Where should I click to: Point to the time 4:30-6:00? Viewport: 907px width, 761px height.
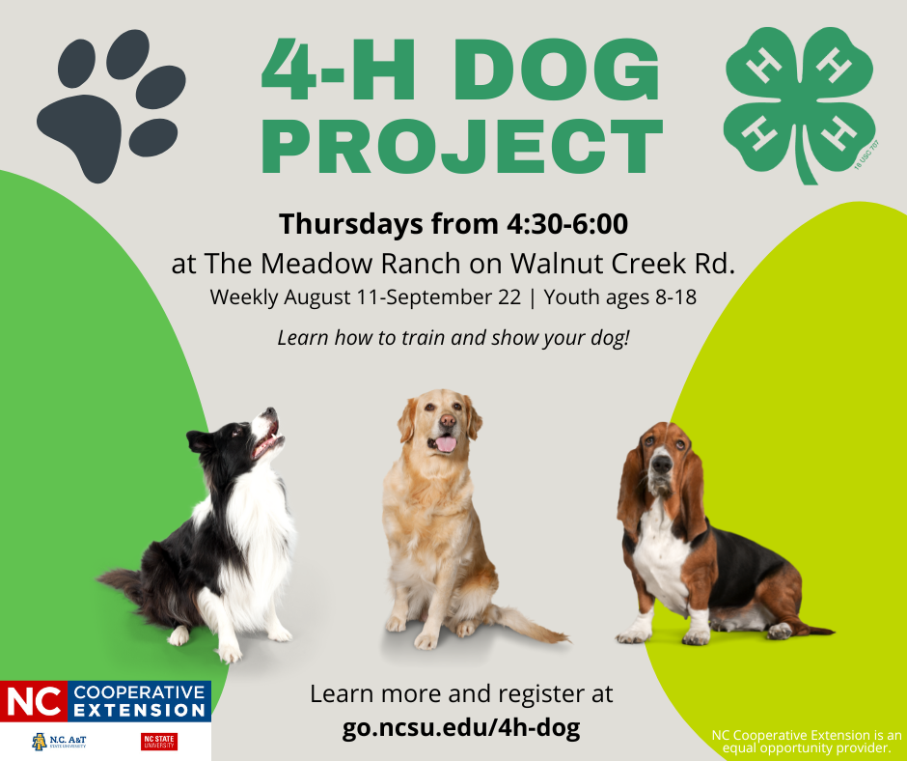click(x=566, y=224)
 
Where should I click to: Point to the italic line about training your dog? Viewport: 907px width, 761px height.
click(x=453, y=339)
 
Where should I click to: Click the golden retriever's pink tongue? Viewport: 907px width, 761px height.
click(x=445, y=444)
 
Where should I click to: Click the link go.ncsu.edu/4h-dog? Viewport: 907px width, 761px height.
click(x=461, y=727)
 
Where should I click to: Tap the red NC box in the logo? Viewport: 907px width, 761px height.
click(x=34, y=701)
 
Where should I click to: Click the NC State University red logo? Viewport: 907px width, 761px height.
click(x=159, y=741)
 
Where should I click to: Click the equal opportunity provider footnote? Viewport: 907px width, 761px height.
click(x=807, y=741)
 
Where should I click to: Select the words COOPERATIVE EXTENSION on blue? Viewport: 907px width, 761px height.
click(x=140, y=701)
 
